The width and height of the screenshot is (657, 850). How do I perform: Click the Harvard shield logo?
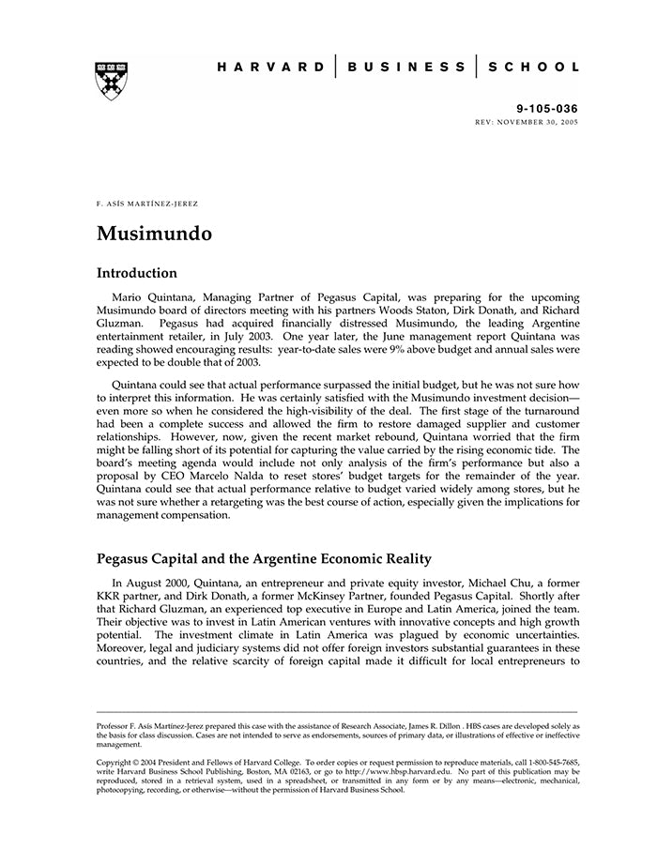[x=112, y=81]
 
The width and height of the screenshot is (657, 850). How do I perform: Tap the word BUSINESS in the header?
[x=405, y=68]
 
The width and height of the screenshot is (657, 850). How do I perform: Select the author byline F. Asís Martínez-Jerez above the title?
[x=147, y=204]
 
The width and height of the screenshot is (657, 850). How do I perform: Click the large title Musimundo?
[x=154, y=233]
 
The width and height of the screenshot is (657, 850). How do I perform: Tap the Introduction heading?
[x=137, y=274]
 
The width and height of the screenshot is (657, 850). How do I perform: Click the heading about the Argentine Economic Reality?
[x=264, y=559]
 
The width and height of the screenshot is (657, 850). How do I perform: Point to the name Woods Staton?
[x=437, y=310]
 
